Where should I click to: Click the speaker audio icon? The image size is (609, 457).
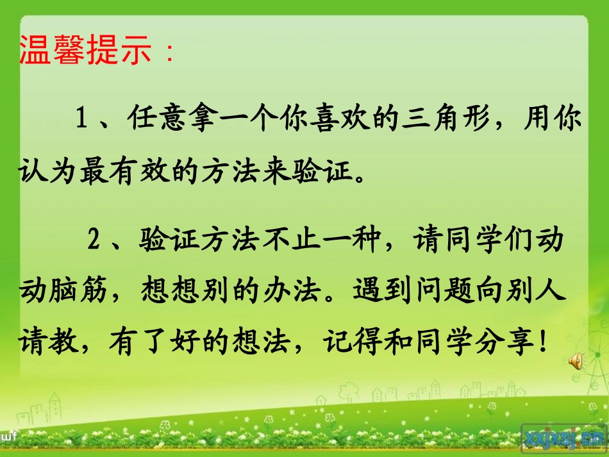point(574,362)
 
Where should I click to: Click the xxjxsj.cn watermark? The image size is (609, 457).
point(564,437)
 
